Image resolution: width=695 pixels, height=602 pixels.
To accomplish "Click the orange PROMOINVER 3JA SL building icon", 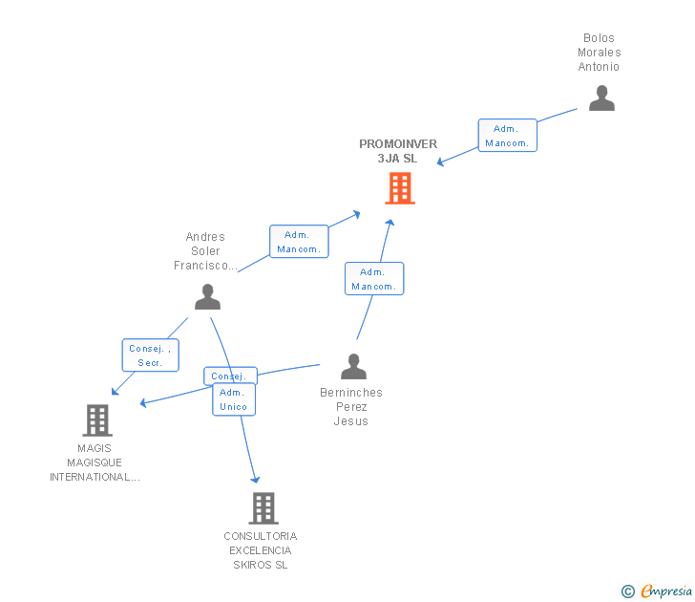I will pos(400,188).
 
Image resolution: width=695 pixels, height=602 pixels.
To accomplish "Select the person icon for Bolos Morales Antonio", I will pos(601,98).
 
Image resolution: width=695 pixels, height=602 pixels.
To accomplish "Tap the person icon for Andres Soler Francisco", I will pos(207,297).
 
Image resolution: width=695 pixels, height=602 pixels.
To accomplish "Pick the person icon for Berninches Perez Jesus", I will pos(353,367).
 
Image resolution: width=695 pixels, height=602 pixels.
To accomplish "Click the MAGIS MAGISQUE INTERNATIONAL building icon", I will pos(96,419).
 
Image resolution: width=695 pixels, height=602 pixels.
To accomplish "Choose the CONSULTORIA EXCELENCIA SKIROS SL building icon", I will pos(263,507).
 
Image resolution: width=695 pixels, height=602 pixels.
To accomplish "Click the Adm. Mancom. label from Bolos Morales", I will pos(507,136).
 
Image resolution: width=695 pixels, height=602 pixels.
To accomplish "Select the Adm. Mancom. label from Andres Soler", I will pos(299,242).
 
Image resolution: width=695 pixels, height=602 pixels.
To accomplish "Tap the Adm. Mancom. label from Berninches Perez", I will pos(373,279).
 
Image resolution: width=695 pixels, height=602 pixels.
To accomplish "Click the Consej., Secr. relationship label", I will pos(150,355).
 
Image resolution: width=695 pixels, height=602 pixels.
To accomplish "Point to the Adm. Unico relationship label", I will pos(233,399).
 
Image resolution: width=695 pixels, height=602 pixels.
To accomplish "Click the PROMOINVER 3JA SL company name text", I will pos(398,151).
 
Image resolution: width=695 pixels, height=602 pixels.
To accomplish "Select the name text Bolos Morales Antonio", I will pos(599,53).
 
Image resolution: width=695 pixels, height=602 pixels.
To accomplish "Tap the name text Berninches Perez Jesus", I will pos(351,407).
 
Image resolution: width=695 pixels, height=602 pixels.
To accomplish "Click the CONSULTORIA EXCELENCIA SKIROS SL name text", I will pos(261,550).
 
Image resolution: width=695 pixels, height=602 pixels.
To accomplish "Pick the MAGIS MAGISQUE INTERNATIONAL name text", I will pos(95,462).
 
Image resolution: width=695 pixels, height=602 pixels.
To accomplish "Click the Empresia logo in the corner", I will pos(665,591).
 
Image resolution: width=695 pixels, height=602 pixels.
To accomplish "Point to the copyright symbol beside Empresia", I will pos(627,591).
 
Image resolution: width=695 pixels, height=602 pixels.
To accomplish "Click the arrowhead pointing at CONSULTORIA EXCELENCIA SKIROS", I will pos(255,479).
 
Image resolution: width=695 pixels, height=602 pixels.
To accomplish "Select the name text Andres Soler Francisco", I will pos(205,251).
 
